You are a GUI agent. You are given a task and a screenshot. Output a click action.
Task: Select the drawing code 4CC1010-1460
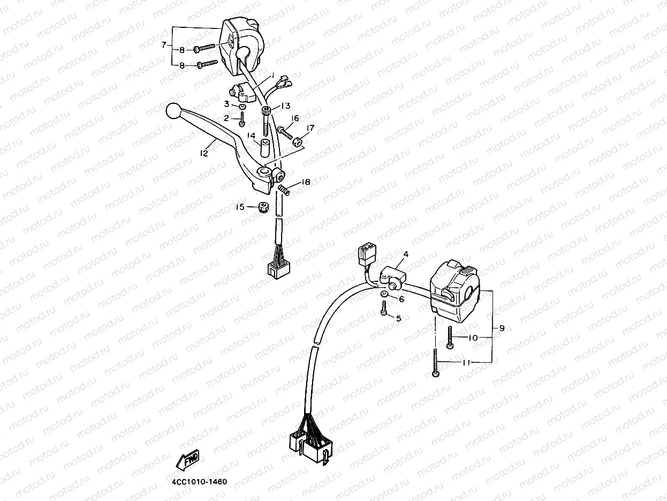[200, 481]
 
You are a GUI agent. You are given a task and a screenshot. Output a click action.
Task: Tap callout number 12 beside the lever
[203, 153]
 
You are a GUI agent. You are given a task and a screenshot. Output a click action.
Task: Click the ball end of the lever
[172, 110]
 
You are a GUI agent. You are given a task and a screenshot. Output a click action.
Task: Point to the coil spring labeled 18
[284, 189]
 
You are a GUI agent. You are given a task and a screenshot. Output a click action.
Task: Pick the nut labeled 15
[262, 207]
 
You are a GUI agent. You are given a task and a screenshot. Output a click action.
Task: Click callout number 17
[310, 128]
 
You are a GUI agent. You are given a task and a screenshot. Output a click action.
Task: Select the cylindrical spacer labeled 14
[264, 150]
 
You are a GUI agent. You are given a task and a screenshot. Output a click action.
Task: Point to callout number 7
[164, 44]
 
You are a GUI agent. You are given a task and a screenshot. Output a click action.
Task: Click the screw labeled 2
[242, 119]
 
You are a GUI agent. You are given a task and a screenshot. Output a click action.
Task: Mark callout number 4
[405, 255]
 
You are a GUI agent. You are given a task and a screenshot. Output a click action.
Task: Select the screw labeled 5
[384, 309]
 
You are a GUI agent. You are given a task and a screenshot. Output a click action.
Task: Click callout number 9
[502, 328]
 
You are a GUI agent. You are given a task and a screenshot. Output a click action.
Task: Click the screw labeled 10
[450, 337]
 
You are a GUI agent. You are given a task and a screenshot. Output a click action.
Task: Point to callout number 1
[272, 75]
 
